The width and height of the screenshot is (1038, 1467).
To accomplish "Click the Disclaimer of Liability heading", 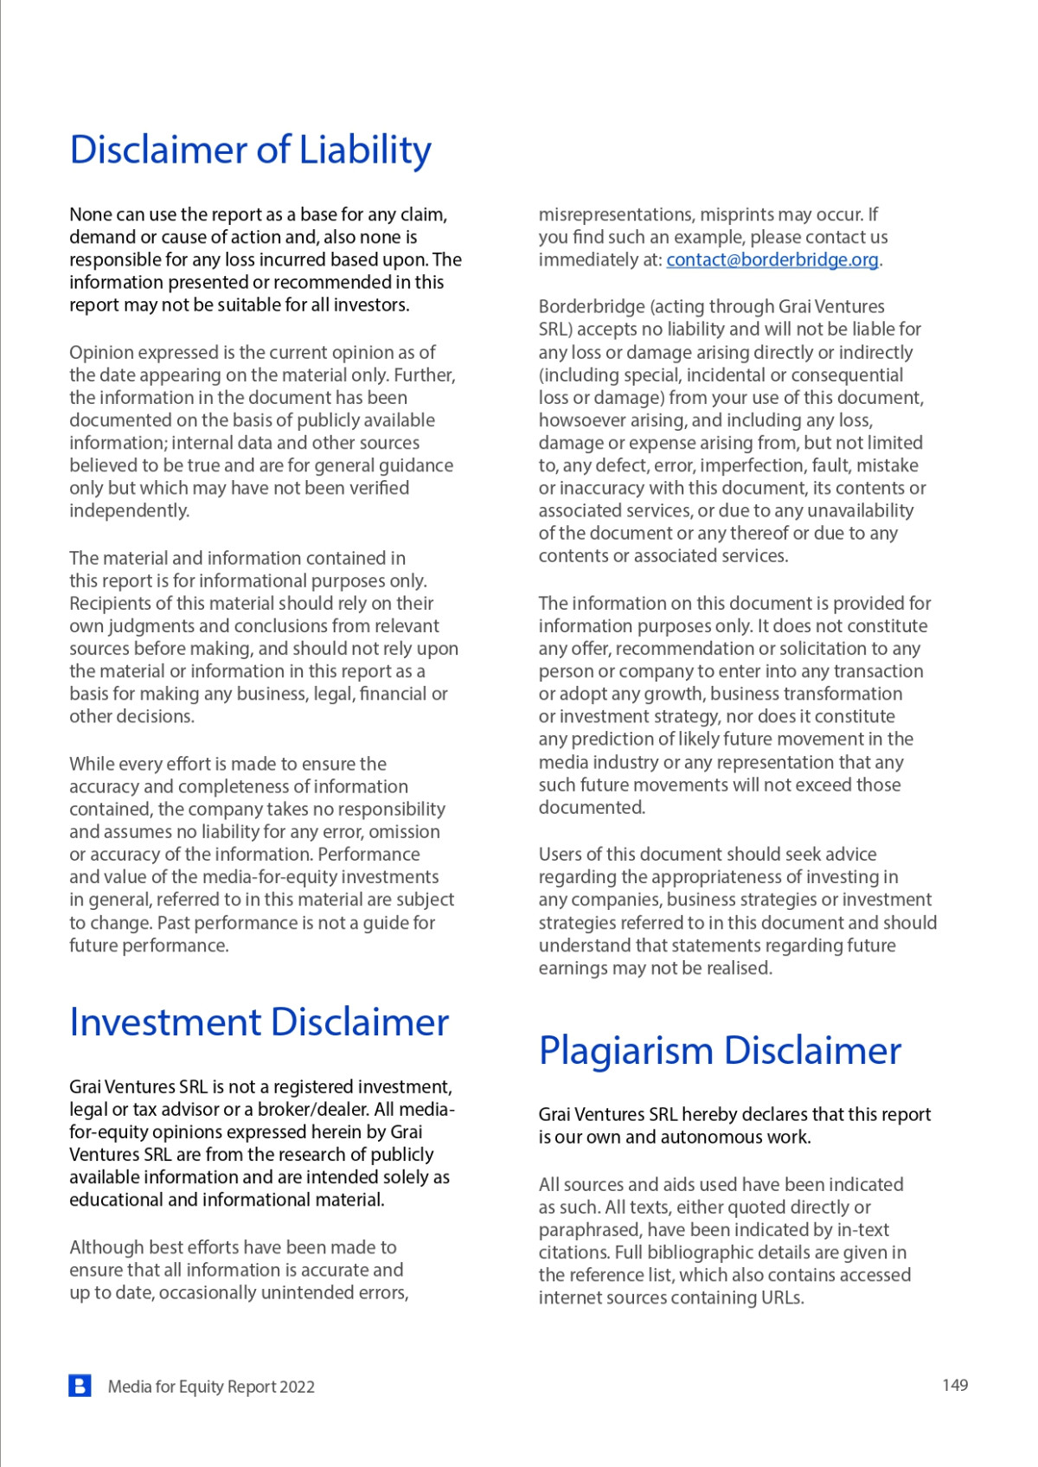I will [250, 150].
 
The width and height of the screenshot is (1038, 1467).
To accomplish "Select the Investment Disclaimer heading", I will [259, 1022].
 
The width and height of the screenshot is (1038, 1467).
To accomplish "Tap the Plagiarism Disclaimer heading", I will [720, 1051].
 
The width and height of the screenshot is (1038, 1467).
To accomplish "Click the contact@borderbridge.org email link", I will [772, 259].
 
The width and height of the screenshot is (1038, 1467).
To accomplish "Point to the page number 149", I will [955, 1385].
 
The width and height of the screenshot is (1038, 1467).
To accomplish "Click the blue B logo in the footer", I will [80, 1386].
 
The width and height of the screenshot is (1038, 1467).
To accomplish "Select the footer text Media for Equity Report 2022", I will [211, 1387].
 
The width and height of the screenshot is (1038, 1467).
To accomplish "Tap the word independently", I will [129, 510].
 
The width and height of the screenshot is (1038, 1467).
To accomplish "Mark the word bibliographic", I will [702, 1252].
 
